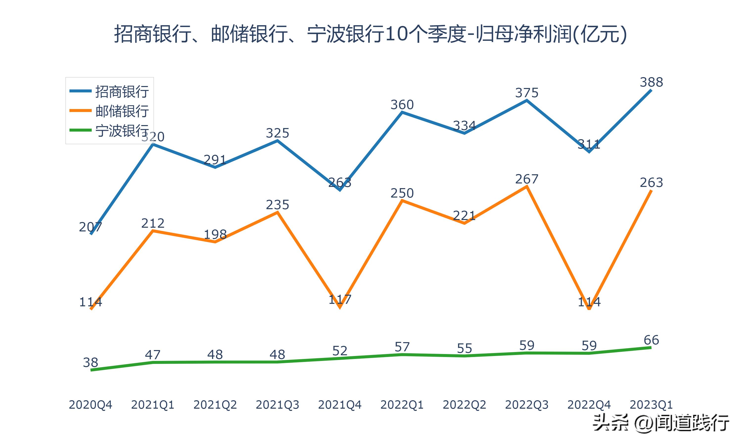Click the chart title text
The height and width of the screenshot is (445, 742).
click(x=371, y=34)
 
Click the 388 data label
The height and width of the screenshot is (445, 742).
click(x=651, y=82)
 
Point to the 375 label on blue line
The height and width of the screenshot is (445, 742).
click(x=527, y=93)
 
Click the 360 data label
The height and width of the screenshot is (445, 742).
click(x=402, y=105)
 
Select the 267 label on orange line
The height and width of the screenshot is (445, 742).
click(x=527, y=179)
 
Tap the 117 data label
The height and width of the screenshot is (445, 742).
click(x=340, y=299)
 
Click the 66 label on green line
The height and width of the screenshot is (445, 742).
click(x=651, y=340)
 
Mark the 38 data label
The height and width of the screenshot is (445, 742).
click(x=90, y=362)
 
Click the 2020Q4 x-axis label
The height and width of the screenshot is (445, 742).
click(x=90, y=405)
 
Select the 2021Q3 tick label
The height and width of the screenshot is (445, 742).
click(x=278, y=405)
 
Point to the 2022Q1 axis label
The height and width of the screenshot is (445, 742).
click(x=402, y=405)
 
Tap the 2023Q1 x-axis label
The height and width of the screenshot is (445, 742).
click(x=651, y=405)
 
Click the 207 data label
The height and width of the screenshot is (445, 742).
click(x=90, y=227)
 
